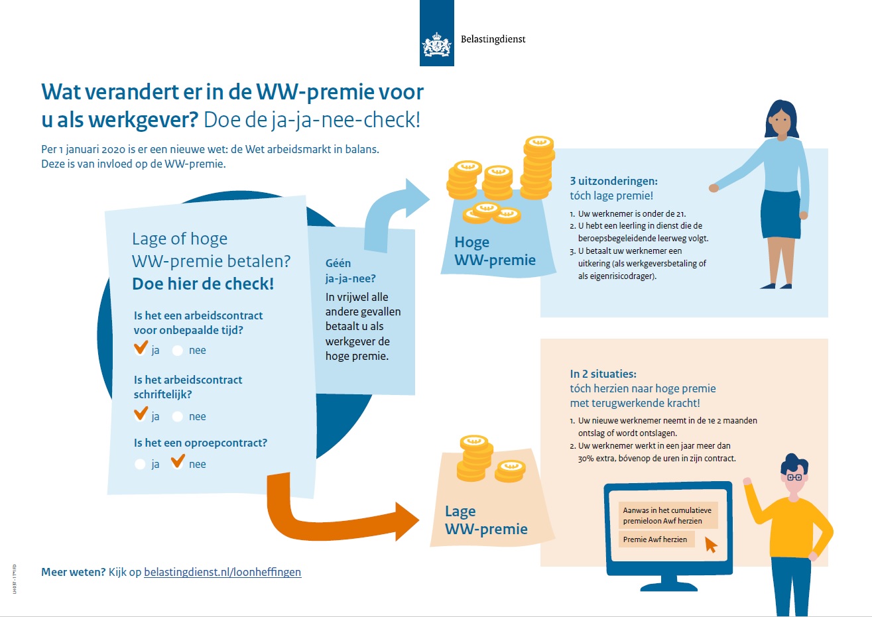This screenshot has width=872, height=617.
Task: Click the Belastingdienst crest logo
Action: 436,45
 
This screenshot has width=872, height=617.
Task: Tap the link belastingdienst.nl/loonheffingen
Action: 222,572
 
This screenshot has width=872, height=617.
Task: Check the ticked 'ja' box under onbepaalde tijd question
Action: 141,349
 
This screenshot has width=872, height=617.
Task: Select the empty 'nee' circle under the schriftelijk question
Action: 178,416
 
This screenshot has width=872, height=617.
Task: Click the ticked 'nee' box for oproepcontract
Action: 178,463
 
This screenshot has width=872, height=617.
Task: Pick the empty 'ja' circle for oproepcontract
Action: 140,464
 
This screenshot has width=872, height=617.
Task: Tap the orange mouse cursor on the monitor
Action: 711,545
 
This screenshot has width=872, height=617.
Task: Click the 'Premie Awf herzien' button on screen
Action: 655,539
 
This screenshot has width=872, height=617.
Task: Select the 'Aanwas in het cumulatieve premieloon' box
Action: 667,516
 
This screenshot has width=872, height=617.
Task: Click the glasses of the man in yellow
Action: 794,477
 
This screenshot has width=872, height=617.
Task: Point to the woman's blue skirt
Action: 780,213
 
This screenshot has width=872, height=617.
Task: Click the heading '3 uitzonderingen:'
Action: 613,181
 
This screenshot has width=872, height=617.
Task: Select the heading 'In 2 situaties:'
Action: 603,374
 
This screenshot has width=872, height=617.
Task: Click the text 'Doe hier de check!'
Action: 203,284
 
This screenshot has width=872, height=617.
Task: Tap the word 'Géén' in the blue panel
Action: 338,263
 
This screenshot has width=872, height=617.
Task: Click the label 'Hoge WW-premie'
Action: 495,251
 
